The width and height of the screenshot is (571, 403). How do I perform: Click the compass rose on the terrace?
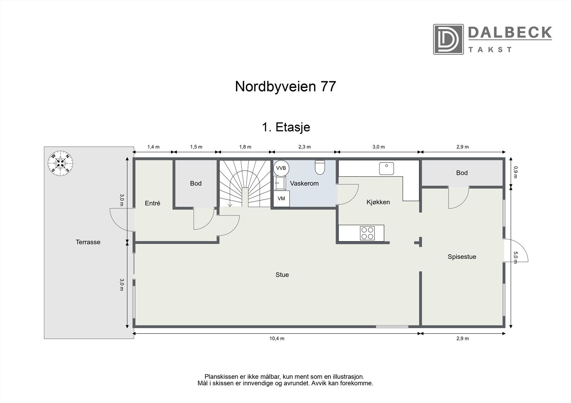coord(61,163)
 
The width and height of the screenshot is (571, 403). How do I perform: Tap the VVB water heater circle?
coord(281,168)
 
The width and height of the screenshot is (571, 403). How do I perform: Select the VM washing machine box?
coord(281,199)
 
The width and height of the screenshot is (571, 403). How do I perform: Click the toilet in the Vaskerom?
coord(320,167)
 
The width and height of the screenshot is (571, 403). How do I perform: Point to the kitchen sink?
coord(386,168)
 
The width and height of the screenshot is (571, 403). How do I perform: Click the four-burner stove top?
coord(367,233)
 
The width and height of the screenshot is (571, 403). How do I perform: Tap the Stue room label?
coord(282,275)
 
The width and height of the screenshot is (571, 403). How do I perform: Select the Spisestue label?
coord(462,257)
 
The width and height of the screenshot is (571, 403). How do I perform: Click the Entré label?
coord(152,203)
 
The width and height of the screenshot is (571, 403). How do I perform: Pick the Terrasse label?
coord(88,242)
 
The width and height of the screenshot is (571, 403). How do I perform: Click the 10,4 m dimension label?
coord(277,339)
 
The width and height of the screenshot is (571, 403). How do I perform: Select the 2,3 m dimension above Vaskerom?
coord(304,147)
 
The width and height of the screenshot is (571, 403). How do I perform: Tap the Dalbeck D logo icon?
coord(448,39)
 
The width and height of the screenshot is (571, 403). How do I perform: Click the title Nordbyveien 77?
coord(285,87)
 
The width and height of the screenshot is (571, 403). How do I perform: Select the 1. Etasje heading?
coord(286,127)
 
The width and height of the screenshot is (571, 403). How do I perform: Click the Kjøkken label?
coord(378,202)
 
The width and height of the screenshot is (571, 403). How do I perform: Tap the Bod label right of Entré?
coord(196,184)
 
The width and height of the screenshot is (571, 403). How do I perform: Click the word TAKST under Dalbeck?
coord(490,50)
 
